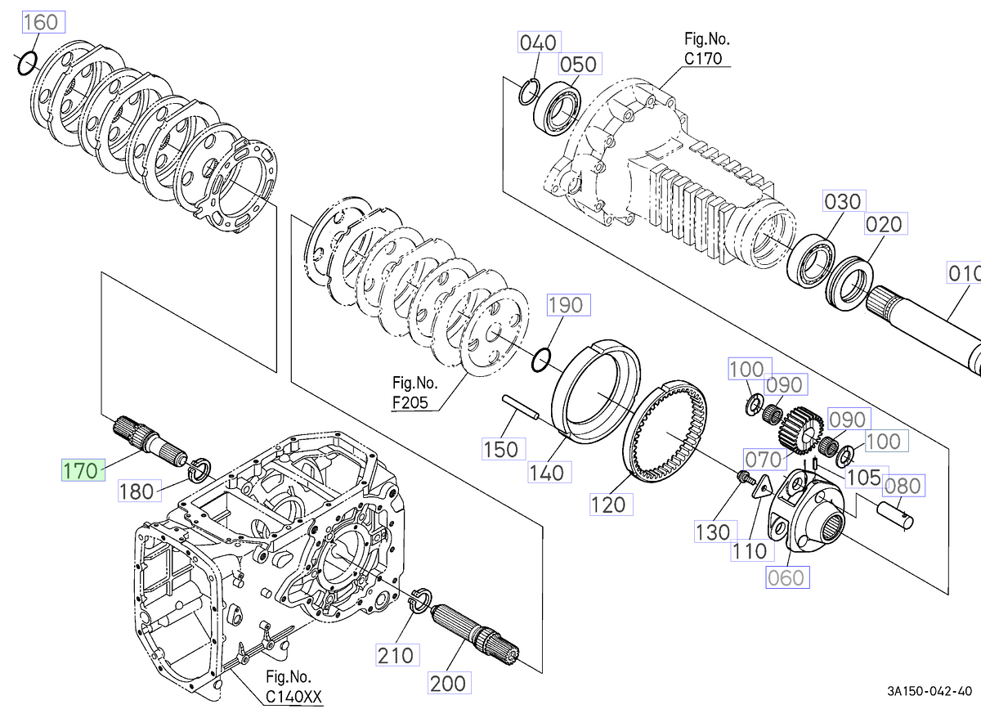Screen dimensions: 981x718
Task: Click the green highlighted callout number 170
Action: [83, 470]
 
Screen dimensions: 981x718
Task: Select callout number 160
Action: [44, 22]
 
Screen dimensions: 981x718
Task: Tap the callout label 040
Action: [540, 43]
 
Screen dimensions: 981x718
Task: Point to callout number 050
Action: [580, 64]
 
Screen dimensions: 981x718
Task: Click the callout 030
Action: [844, 201]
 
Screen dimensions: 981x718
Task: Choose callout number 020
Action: [886, 224]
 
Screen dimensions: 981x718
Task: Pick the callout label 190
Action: [569, 305]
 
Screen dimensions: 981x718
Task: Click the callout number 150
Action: [504, 449]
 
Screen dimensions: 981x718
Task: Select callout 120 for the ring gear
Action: [611, 505]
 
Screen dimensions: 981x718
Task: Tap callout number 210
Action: [397, 655]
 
